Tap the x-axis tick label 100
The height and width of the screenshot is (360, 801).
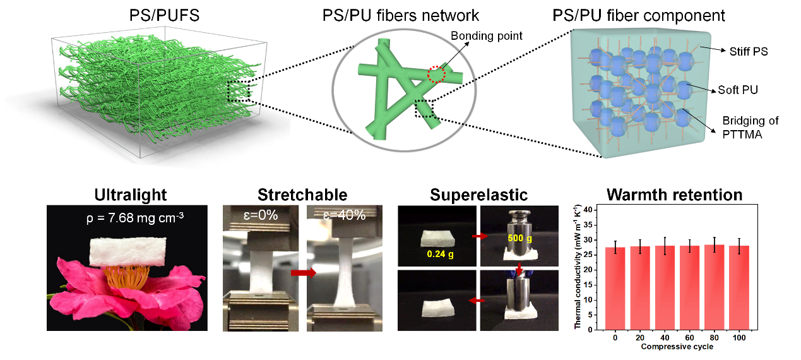coord(739,338)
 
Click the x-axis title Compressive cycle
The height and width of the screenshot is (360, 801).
coord(677,347)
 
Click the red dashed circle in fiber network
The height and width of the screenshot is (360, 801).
coord(436,74)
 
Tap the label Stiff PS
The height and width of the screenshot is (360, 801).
coord(749,52)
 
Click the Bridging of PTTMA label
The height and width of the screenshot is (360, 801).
coord(752,126)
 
